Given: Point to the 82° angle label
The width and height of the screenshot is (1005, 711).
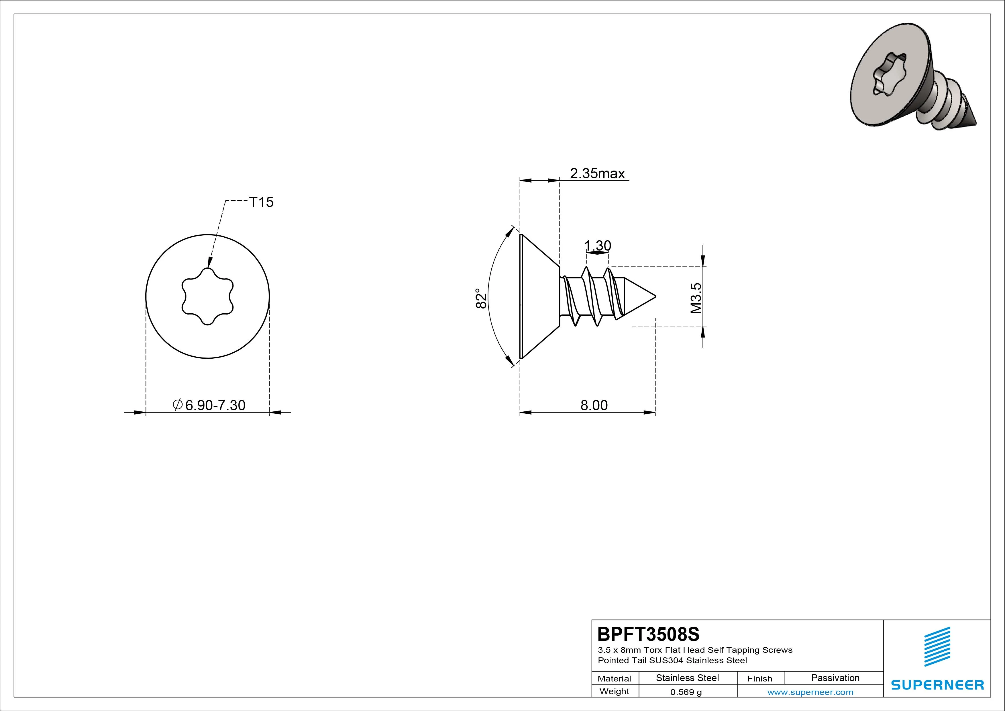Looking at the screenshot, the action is (x=481, y=298).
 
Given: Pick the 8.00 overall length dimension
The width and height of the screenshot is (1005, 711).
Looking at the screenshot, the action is (x=594, y=405).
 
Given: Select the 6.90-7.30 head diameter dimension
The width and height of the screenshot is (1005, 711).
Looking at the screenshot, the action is (x=209, y=405).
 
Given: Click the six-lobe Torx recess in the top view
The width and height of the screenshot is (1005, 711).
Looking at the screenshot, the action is (x=207, y=296).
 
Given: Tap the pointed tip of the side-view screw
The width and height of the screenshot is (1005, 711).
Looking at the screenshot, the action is (x=655, y=296).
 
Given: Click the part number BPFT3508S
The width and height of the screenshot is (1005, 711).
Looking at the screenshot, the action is (x=649, y=634).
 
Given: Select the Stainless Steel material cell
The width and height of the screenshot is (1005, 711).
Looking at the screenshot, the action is (x=687, y=678).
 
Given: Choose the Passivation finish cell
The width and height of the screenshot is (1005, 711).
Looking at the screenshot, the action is (x=835, y=678).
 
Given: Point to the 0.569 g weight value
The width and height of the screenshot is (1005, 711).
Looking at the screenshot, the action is (x=686, y=692).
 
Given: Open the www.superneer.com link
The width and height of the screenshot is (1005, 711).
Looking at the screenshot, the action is (x=810, y=692).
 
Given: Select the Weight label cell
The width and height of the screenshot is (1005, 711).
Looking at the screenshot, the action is (x=614, y=691).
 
